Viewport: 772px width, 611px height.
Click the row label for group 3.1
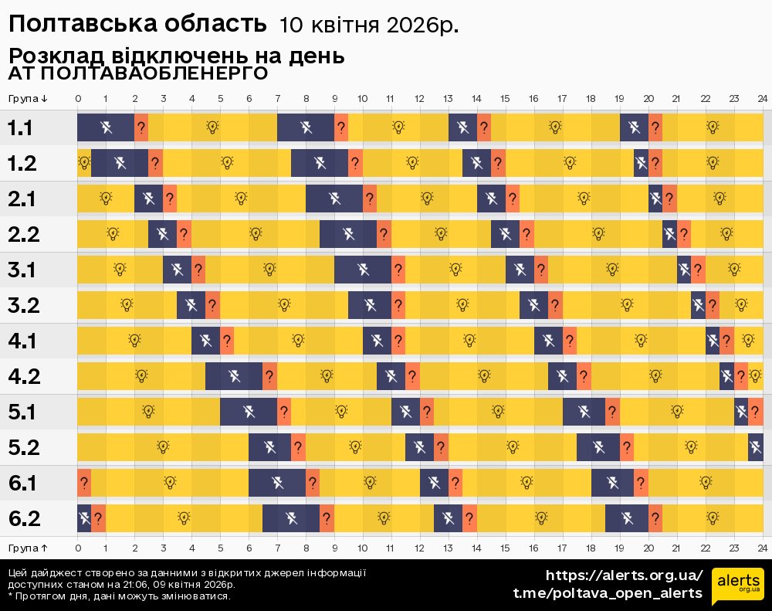pyautogui.click(x=24, y=270)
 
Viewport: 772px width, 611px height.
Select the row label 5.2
pyautogui.click(x=24, y=447)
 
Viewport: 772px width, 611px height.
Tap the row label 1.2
pyautogui.click(x=24, y=163)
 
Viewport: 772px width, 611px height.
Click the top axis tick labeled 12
pyautogui.click(x=419, y=98)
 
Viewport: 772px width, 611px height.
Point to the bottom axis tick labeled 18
pyautogui.click(x=591, y=547)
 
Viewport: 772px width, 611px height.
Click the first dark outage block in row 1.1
pyautogui.click(x=106, y=127)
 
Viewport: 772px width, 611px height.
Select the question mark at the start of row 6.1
pyautogui.click(x=83, y=483)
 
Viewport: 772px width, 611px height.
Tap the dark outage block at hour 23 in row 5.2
pyautogui.click(x=756, y=447)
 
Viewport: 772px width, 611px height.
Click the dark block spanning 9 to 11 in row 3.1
pyautogui.click(x=363, y=270)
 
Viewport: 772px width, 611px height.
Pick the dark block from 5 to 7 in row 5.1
pyautogui.click(x=249, y=412)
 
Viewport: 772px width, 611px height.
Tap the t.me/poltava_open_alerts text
pyautogui.click(x=608, y=593)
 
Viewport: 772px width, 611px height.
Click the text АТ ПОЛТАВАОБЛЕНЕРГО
pyautogui.click(x=138, y=73)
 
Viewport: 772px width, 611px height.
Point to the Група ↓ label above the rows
pyautogui.click(x=28, y=98)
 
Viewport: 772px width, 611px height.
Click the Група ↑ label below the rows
pyautogui.click(x=28, y=547)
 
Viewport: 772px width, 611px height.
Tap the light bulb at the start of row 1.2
pyautogui.click(x=84, y=163)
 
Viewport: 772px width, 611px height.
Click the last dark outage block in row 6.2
pyautogui.click(x=627, y=518)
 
